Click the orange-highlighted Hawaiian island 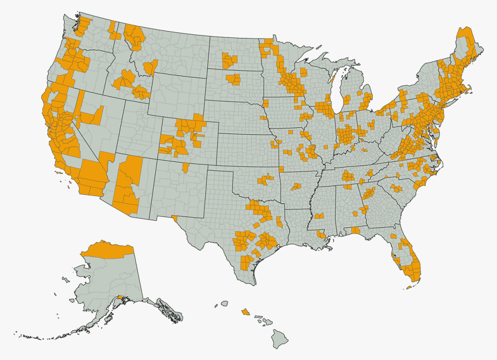click(x=246, y=311)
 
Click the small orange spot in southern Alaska click(x=119, y=297)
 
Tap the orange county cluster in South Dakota click(x=233, y=79)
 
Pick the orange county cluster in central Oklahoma click(x=265, y=180)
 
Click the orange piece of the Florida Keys click(x=409, y=287)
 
